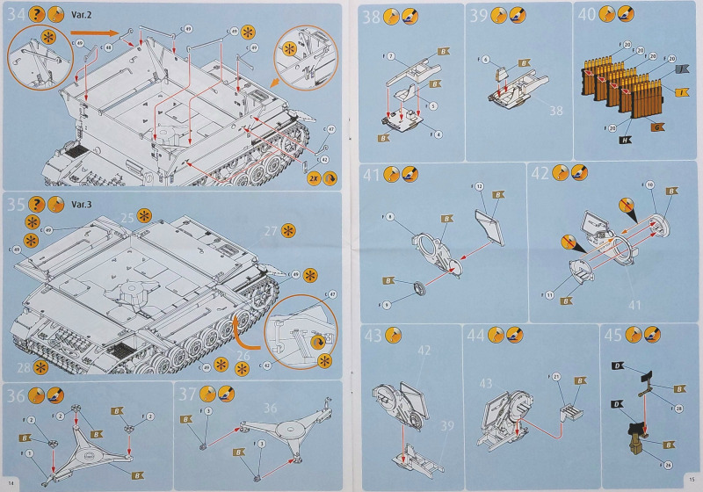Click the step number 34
pos(16,15)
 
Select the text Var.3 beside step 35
pos(82,204)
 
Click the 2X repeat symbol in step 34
pos(314,177)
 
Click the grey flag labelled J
pos(682,70)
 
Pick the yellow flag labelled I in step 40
pos(681,92)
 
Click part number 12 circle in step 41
pos(480,186)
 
